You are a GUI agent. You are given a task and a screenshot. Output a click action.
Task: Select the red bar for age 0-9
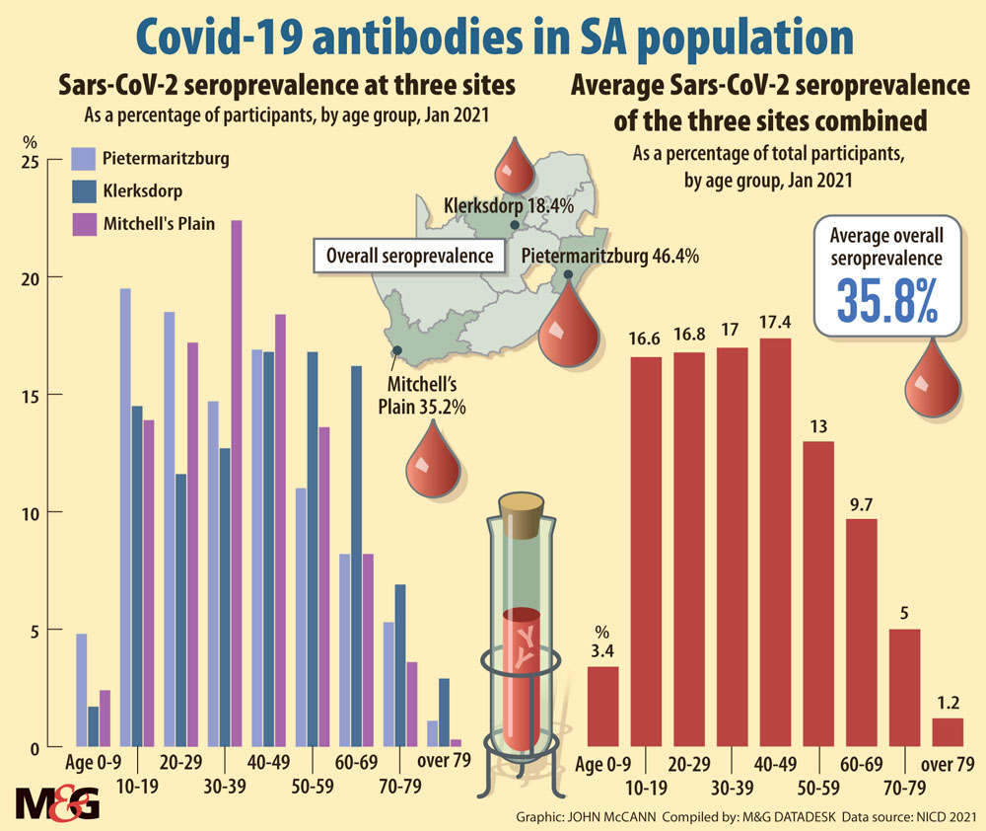tap(603, 707)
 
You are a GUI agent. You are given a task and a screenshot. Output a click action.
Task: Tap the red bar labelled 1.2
tap(947, 732)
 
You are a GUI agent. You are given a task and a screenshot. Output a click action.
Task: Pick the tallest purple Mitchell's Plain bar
tap(236, 484)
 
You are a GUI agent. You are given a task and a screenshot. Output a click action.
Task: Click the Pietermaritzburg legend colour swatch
tap(86, 158)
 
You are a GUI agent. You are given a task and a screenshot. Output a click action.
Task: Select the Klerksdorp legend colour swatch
tap(86, 191)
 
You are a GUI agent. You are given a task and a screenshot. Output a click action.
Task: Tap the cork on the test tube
tap(525, 511)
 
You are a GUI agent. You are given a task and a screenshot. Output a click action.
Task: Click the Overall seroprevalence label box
tap(404, 256)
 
